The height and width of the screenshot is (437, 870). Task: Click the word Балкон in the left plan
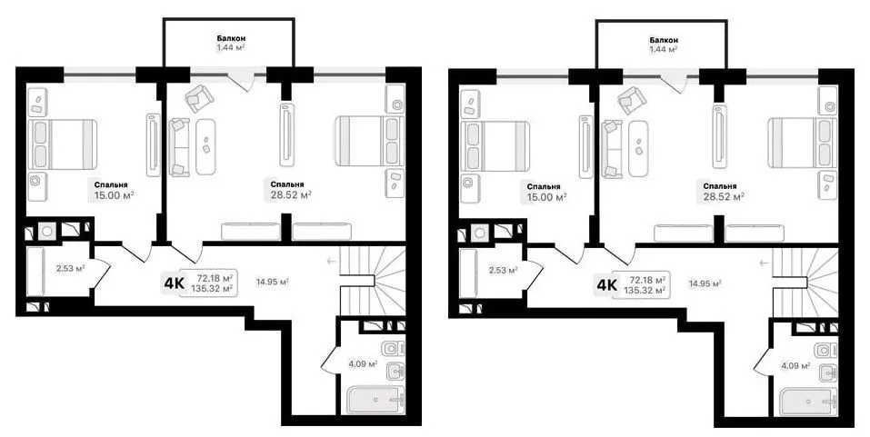point(232,39)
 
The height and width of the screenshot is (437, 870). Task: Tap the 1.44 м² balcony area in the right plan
point(665,49)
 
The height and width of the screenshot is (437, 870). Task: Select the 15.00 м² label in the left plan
point(114,195)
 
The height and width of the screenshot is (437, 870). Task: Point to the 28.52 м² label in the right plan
point(723,195)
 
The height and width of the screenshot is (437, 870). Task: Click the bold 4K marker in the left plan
point(174,284)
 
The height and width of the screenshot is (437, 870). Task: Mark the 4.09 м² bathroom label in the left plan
point(363,365)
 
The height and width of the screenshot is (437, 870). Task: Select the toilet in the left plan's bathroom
point(394,349)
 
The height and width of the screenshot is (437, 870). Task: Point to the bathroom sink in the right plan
point(829,372)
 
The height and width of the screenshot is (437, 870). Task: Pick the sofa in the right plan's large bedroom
point(612,147)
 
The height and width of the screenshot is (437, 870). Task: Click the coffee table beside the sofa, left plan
point(205,146)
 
